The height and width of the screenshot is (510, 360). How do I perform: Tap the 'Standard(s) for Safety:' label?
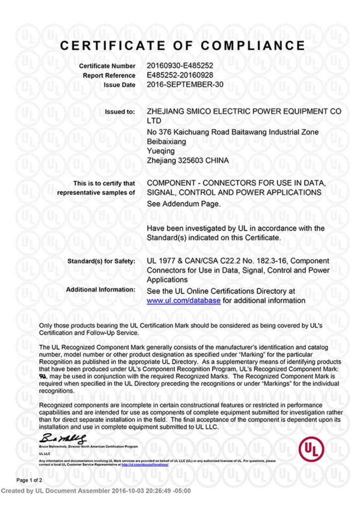(x=101, y=261)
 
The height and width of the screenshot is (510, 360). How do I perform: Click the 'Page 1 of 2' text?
(x=29, y=480)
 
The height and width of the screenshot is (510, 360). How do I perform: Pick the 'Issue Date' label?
(x=119, y=85)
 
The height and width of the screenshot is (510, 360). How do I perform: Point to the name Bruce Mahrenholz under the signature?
(x=54, y=447)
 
